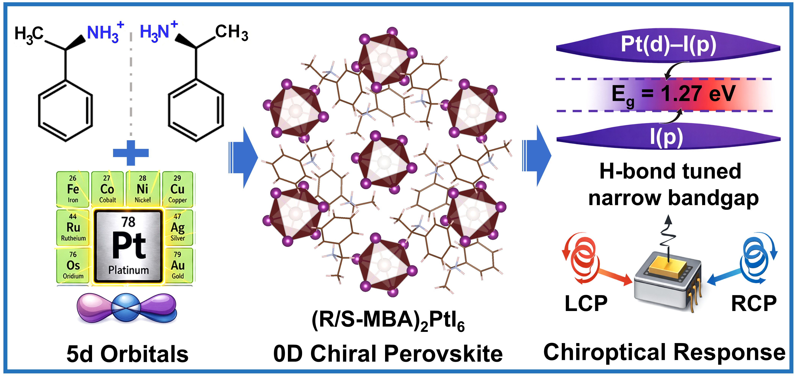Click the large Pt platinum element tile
[128, 246]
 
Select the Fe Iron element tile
[73, 189]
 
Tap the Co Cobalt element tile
[107, 189]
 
